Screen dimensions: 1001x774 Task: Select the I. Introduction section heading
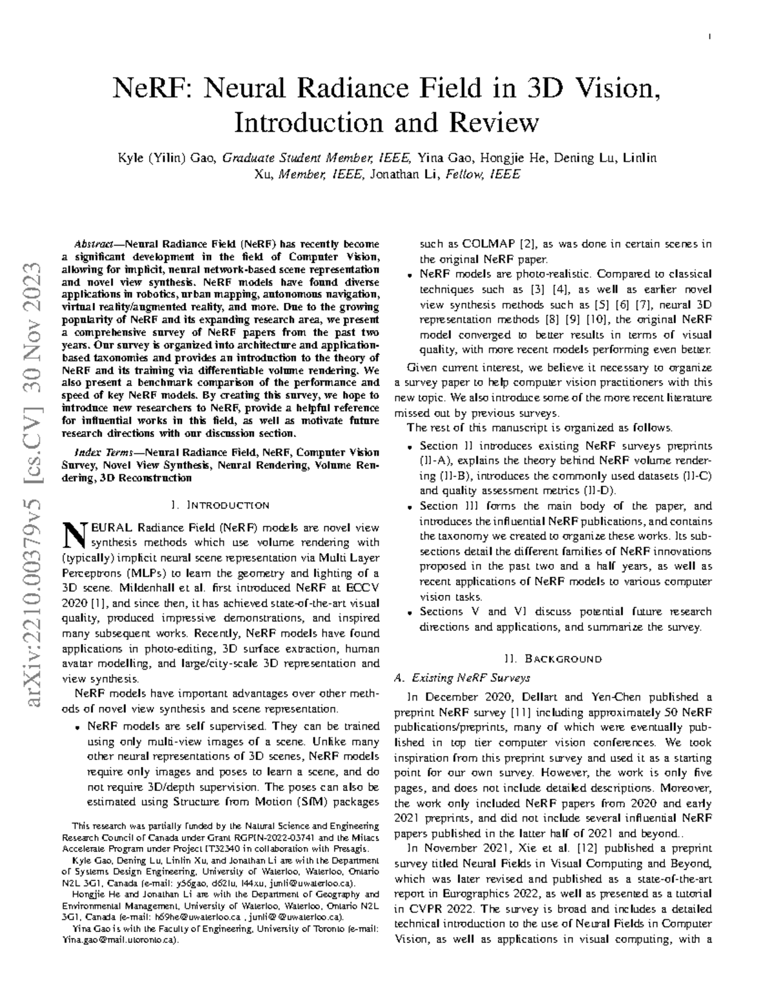[x=219, y=505]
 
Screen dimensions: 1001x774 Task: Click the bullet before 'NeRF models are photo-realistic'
[x=410, y=275]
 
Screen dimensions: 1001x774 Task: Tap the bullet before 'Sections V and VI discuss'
[x=410, y=612]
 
